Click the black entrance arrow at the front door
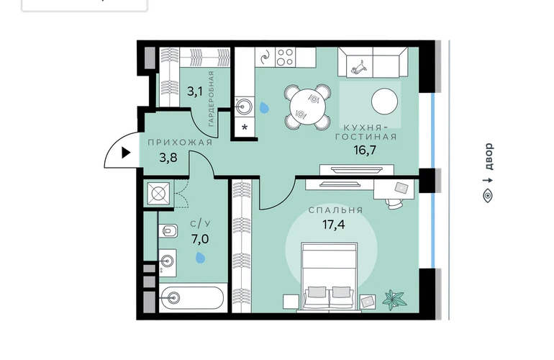tap(126, 153)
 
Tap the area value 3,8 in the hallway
tap(168, 158)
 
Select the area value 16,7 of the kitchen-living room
tap(365, 150)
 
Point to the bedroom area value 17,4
tap(334, 224)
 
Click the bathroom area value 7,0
tap(200, 240)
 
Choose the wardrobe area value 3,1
tap(195, 92)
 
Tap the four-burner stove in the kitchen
tap(286, 57)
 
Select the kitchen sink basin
tap(244, 106)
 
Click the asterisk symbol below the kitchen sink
tap(245, 127)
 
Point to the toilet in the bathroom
tap(168, 231)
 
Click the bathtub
tap(192, 298)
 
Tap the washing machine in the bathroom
tap(158, 194)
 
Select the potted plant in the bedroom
tap(394, 300)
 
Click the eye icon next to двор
tap(488, 196)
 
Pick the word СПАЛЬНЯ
tap(336, 210)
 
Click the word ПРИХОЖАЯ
tap(180, 143)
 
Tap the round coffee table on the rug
tap(384, 102)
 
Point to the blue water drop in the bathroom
tap(200, 258)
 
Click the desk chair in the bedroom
tap(394, 204)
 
